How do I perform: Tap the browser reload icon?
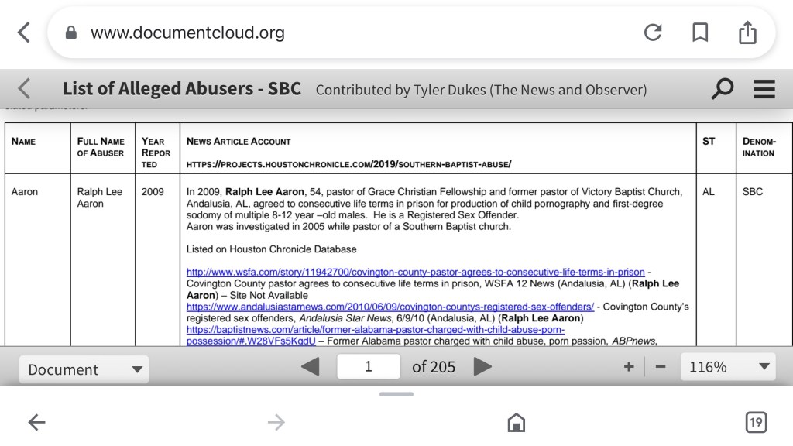[x=653, y=33]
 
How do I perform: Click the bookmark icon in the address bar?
[x=700, y=33]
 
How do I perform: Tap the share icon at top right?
[x=747, y=33]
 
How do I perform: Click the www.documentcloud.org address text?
[x=187, y=33]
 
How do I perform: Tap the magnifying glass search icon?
[x=722, y=89]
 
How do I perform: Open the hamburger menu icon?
[x=764, y=89]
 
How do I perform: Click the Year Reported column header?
[x=153, y=153]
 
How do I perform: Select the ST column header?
[x=709, y=142]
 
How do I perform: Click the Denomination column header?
[x=758, y=147]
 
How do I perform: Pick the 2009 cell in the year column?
[x=153, y=191]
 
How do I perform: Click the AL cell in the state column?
[x=709, y=191]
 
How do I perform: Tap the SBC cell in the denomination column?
[x=752, y=191]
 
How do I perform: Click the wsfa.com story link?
[x=415, y=272]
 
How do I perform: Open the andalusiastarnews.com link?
[x=390, y=307]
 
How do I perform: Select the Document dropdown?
[x=84, y=369]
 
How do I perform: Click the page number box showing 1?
[x=369, y=366]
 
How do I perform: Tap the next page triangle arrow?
[x=482, y=366]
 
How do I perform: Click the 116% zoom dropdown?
[x=727, y=367]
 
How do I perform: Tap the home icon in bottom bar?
[x=515, y=422]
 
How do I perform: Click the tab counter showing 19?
[x=756, y=422]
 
